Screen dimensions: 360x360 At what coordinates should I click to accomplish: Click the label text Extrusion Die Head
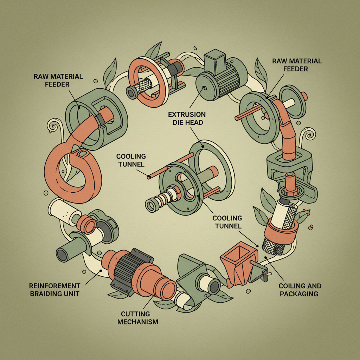pyautogui.click(x=187, y=119)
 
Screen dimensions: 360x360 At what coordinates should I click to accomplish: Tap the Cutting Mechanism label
pyautogui.click(x=135, y=317)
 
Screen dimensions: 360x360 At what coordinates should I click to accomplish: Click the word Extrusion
pyautogui.click(x=187, y=115)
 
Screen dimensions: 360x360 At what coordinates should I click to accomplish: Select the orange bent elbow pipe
pyautogui.click(x=288, y=130)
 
